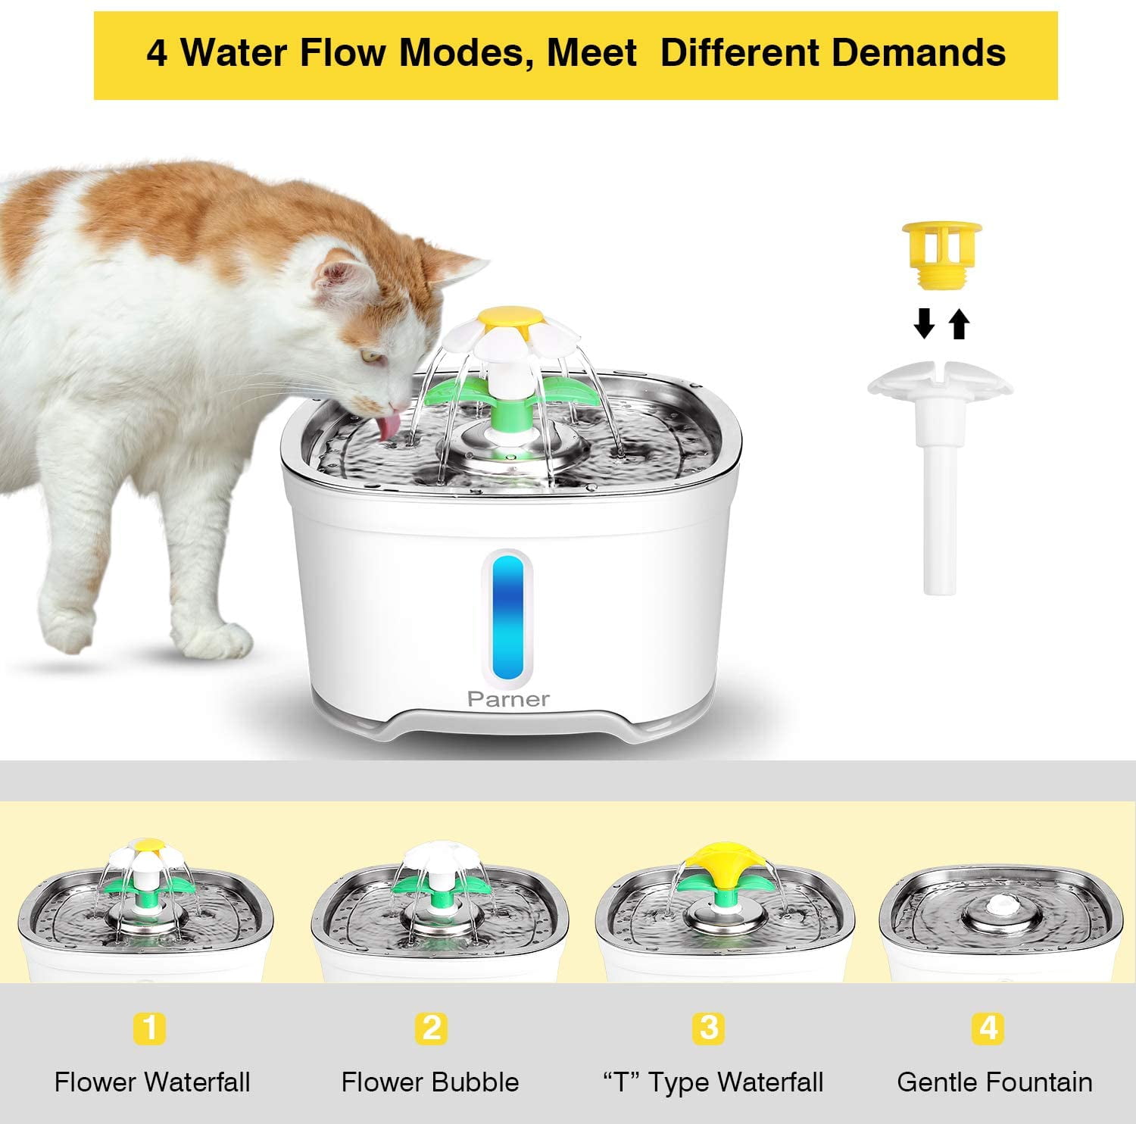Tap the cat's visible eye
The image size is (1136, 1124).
coord(370,354)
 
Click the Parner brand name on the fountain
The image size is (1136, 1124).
coord(508,699)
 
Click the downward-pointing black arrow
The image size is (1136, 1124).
coord(924,324)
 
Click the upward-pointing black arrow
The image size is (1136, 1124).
coord(960,324)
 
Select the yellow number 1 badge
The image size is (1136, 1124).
coord(150,1029)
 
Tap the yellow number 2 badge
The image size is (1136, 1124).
coord(431,1029)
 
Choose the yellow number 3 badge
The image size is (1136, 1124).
coord(709,1029)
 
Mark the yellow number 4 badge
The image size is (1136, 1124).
coord(988,1029)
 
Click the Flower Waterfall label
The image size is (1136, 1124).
coord(152,1082)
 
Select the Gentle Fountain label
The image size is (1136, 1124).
coord(994,1082)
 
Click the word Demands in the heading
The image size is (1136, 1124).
coord(919,53)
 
